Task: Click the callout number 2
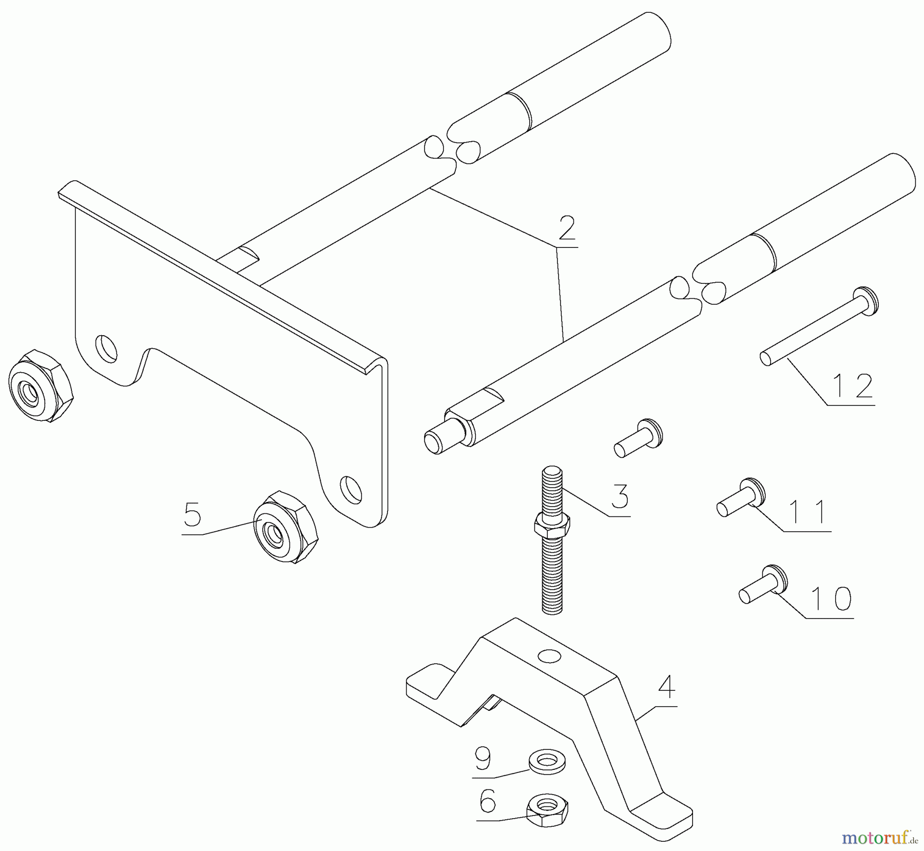pos(567,229)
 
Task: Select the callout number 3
pos(620,495)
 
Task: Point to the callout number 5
pos(192,514)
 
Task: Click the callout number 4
pos(666,686)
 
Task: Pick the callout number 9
pos(483,758)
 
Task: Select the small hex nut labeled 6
pos(548,809)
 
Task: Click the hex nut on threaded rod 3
pos(552,525)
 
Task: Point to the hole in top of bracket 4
pos(548,656)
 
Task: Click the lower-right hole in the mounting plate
pos(352,488)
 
